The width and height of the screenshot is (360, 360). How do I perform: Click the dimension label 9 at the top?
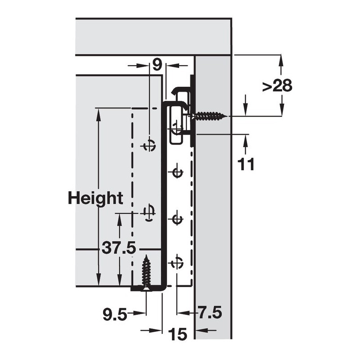[x=157, y=65]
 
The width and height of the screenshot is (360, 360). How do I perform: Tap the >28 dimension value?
[x=277, y=86]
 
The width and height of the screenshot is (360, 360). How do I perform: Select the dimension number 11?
[x=246, y=164]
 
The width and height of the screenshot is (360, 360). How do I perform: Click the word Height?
[x=95, y=198]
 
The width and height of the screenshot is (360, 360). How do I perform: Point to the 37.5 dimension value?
[x=119, y=247]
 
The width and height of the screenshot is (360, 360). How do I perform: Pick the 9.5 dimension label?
[x=115, y=314]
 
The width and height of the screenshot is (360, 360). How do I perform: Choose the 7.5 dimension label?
[x=210, y=312]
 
